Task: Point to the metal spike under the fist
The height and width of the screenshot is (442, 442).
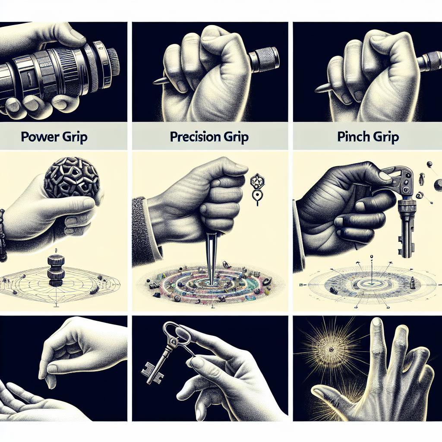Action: click(x=210, y=255)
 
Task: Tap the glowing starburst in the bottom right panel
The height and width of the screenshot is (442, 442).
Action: click(x=330, y=347)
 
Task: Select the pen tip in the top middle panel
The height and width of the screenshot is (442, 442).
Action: click(x=158, y=81)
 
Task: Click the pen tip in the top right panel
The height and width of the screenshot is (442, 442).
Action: click(x=322, y=88)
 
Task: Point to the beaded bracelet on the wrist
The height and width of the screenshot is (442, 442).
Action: click(x=3, y=235)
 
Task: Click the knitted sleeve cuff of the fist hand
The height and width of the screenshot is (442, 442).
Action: click(x=140, y=231)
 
